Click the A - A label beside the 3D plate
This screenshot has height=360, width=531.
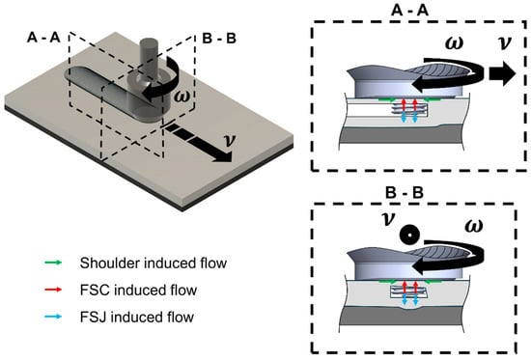tap(43, 38)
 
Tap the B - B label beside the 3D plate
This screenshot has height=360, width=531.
tap(219, 39)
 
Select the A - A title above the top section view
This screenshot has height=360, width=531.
tap(409, 11)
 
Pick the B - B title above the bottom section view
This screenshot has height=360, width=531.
tap(405, 193)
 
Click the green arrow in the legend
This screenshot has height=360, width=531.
tap(53, 263)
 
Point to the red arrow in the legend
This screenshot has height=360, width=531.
tap(53, 290)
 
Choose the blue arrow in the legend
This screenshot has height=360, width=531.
tap(53, 317)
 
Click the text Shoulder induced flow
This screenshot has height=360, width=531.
tap(154, 263)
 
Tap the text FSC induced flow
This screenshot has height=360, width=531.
tap(138, 291)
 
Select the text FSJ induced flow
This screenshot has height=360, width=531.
tap(137, 318)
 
